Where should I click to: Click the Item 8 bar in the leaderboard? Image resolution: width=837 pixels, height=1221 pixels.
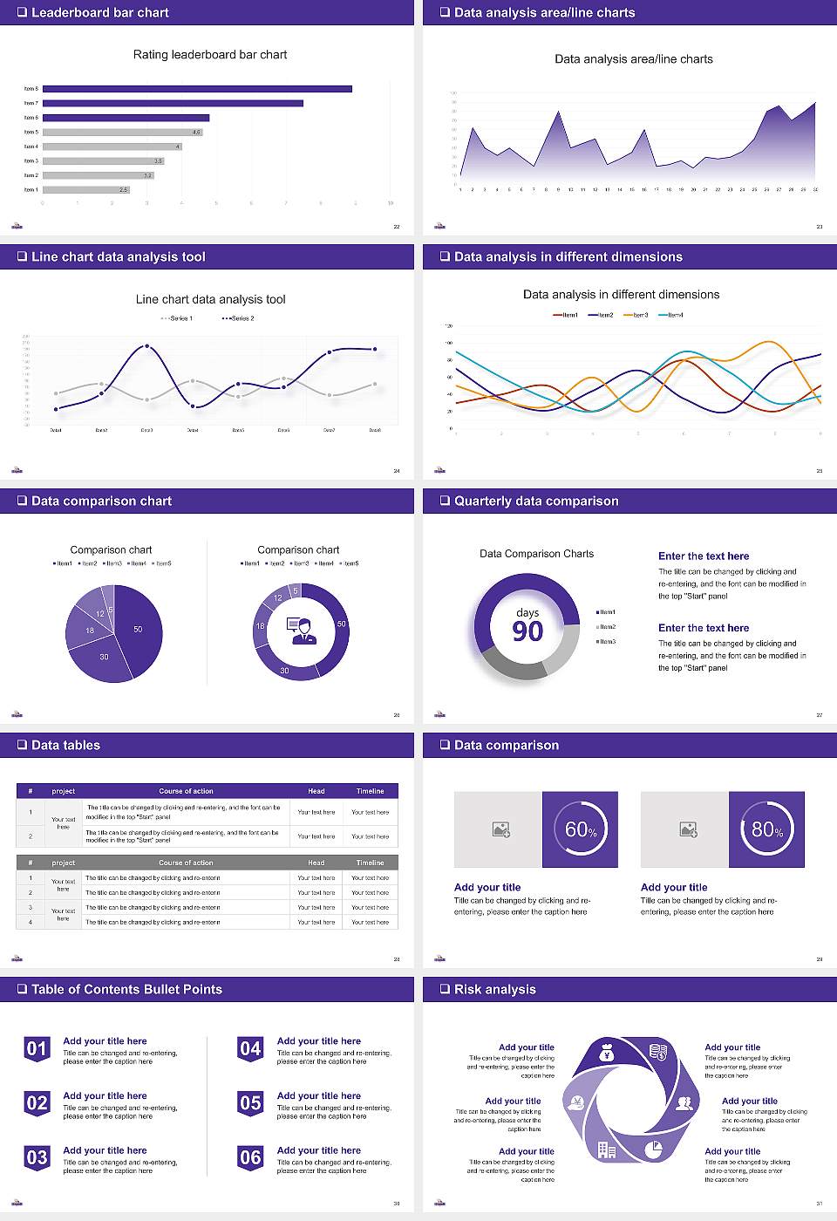tap(197, 89)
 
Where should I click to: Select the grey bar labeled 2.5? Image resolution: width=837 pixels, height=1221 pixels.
tap(85, 189)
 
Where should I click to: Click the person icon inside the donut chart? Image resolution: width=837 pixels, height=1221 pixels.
tap(302, 631)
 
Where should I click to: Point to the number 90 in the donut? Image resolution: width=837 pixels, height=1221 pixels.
tap(527, 631)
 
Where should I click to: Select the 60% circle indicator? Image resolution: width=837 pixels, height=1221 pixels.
tap(581, 829)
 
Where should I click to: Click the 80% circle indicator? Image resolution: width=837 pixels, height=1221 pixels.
tap(766, 829)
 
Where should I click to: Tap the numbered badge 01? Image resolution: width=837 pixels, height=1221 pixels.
tap(37, 1048)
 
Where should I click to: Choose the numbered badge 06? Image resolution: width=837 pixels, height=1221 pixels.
tap(250, 1157)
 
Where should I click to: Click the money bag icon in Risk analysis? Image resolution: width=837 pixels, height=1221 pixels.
tap(608, 1054)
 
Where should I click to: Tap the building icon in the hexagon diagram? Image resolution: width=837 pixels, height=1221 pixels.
tap(607, 1150)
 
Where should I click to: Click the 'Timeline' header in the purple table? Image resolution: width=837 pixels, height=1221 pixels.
tap(370, 791)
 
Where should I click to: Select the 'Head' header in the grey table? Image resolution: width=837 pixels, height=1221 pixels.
tap(316, 863)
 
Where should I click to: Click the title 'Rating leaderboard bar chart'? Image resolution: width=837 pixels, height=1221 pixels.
tap(210, 55)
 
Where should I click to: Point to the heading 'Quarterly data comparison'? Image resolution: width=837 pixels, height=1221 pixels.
tap(536, 501)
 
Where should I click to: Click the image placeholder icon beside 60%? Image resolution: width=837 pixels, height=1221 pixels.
tap(500, 829)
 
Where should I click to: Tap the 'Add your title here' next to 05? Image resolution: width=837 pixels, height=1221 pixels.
tap(319, 1095)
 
